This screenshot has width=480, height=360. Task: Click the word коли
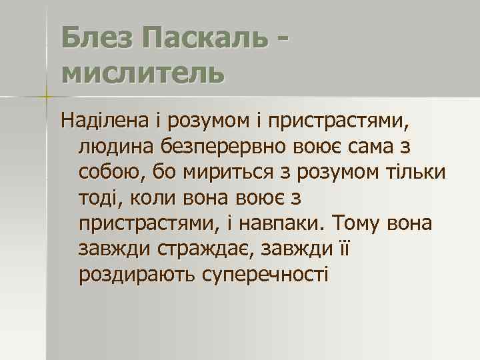coord(147,198)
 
